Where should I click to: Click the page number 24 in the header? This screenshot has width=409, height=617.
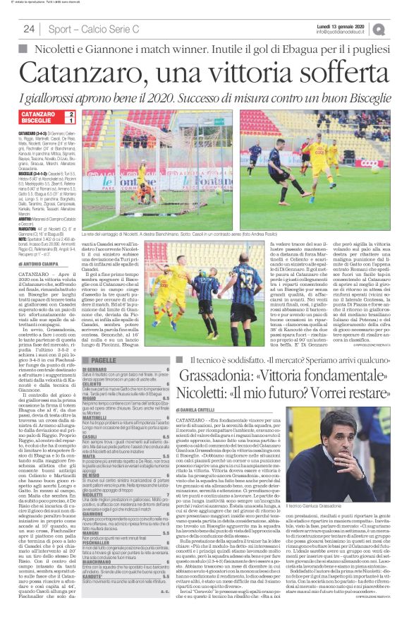click(29, 29)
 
